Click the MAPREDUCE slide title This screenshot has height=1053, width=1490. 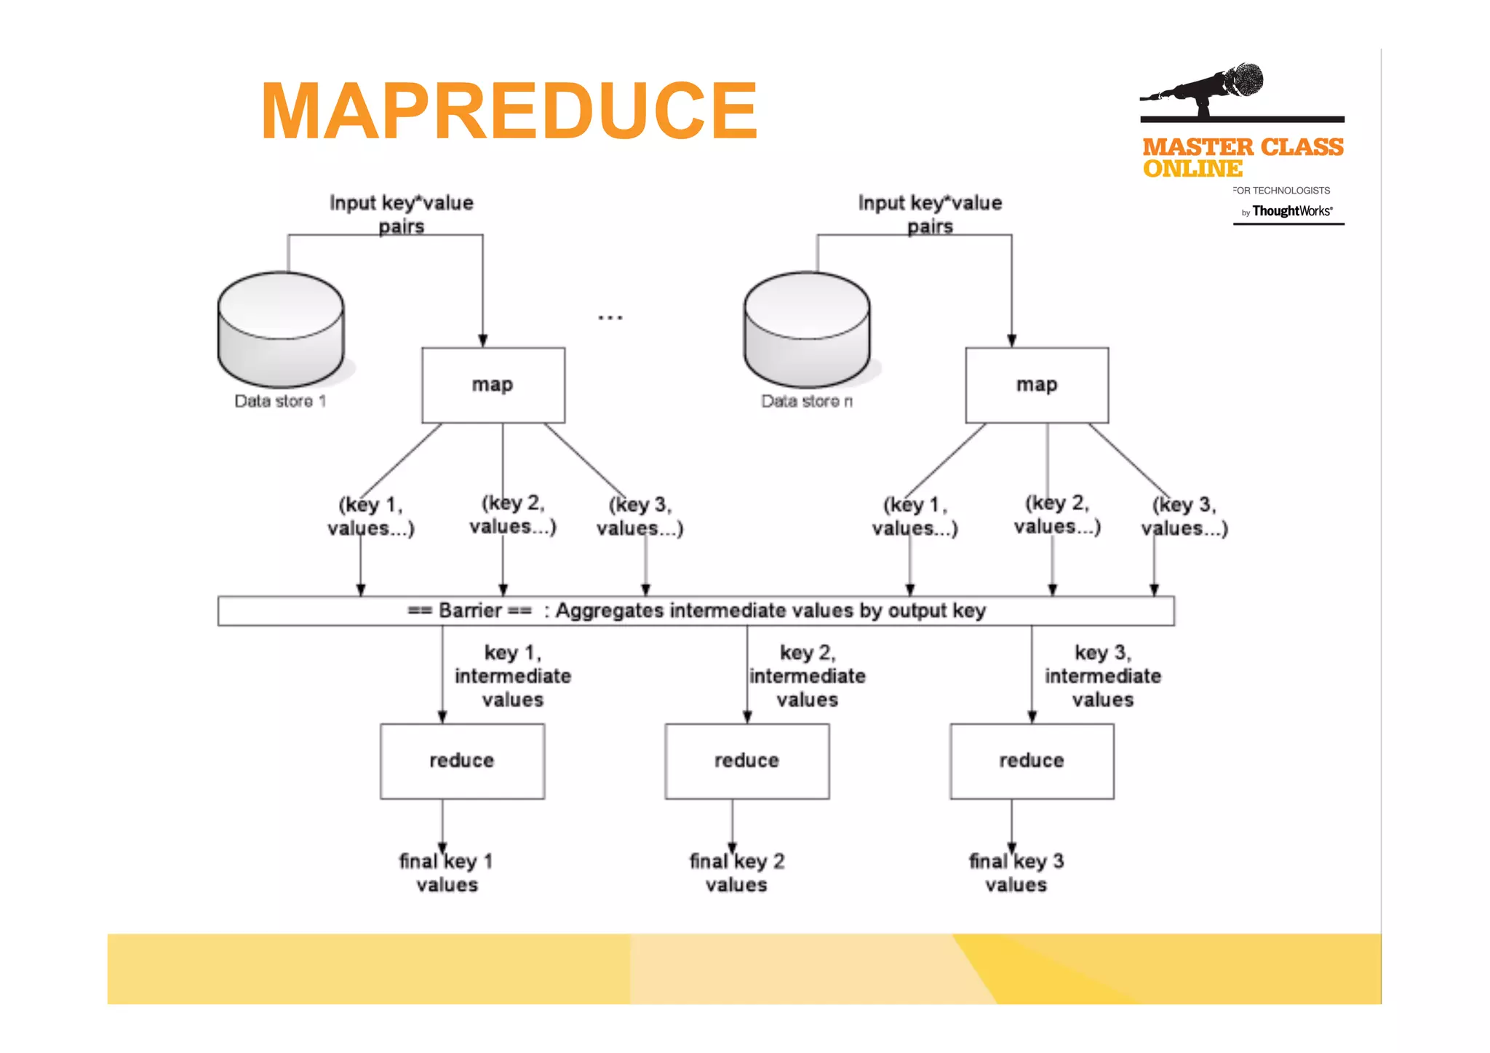pos(509,111)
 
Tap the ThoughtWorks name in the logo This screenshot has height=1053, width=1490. pos(1291,211)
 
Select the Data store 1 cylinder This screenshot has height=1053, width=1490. pos(281,329)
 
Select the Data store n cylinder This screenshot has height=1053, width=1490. pos(807,329)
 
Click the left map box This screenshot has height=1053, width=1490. pos(493,385)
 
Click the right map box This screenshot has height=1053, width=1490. pos(1037,385)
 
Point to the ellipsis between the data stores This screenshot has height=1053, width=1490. pos(610,317)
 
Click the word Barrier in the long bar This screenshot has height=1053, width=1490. pos(470,611)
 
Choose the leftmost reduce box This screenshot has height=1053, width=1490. pos(462,761)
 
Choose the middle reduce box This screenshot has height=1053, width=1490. pos(746,761)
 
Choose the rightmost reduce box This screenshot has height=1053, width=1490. pos(1031,761)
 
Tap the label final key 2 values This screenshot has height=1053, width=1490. pos(736,873)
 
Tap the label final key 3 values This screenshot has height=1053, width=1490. pos(1016,873)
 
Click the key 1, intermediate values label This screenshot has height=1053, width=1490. pos(513,676)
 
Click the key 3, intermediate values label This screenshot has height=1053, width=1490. pos(1102,676)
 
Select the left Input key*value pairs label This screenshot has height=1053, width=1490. pos(401,213)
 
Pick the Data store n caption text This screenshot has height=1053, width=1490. pos(806,402)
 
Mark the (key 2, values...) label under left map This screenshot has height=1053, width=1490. pos(512,514)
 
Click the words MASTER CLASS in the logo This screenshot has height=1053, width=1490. pos(1243,147)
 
